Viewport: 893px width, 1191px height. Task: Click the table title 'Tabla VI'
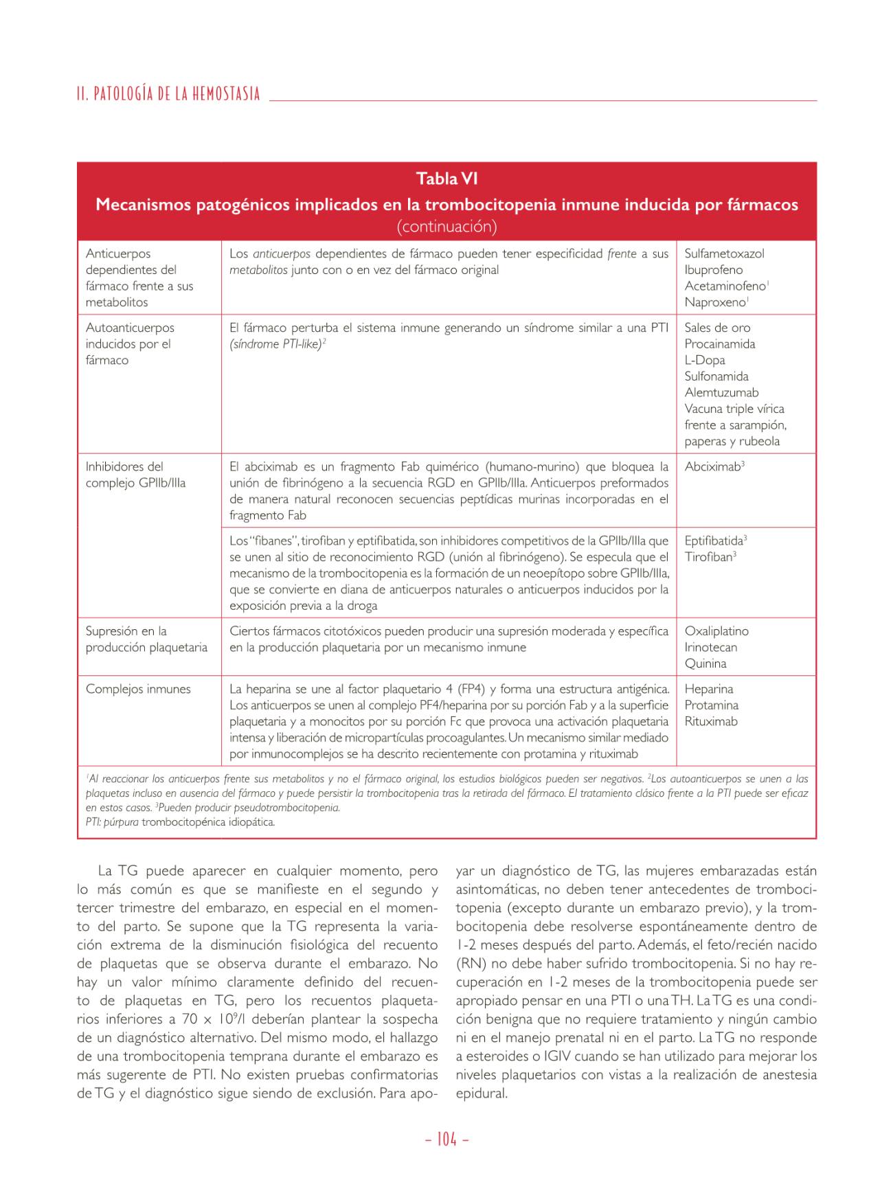click(x=447, y=179)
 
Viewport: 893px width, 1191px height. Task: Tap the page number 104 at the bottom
click(x=447, y=1139)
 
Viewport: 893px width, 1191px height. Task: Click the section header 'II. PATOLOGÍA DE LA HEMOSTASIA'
click(x=169, y=94)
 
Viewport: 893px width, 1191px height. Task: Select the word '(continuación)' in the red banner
click(x=447, y=226)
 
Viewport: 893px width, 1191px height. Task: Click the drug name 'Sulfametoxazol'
click(x=724, y=253)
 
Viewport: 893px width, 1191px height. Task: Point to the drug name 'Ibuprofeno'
click(x=713, y=270)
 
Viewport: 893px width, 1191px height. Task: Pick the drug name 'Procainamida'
click(x=719, y=344)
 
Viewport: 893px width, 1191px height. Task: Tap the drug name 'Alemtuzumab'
click(x=721, y=393)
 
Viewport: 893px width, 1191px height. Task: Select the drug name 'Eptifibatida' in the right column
click(x=714, y=541)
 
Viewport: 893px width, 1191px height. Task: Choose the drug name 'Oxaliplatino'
click(x=716, y=631)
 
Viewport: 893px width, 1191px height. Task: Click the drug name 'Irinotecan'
click(x=710, y=648)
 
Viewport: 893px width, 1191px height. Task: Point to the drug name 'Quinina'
click(x=705, y=663)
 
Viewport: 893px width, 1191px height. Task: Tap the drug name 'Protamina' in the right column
click(x=711, y=705)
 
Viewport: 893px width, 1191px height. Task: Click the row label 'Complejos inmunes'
click(x=138, y=690)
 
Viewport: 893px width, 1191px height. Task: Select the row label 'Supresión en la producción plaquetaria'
click(x=146, y=639)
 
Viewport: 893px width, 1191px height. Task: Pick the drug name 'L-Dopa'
click(x=705, y=361)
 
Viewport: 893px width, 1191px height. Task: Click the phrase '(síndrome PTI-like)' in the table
click(x=275, y=344)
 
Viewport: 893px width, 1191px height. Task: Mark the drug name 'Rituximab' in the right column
click(x=711, y=722)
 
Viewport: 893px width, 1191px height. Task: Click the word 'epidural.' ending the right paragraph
click(x=481, y=1093)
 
